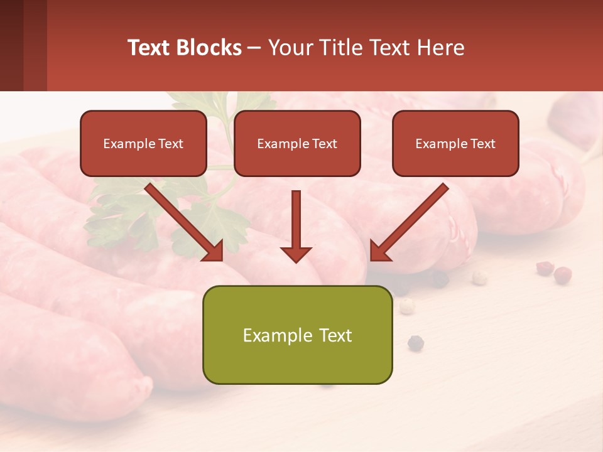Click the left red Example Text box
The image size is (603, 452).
(x=143, y=143)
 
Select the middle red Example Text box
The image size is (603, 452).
(x=297, y=143)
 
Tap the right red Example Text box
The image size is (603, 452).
(x=455, y=143)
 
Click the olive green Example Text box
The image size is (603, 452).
(x=297, y=335)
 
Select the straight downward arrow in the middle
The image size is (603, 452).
(x=296, y=226)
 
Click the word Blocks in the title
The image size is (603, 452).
(x=210, y=47)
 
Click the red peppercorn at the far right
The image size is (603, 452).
(x=562, y=274)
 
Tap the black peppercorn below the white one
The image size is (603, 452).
(x=415, y=342)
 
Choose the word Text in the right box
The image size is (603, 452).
(x=482, y=143)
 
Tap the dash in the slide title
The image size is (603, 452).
(x=255, y=47)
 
